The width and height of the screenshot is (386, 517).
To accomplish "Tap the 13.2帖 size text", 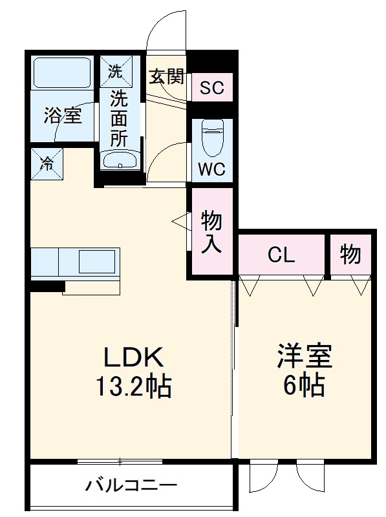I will coord(134,386).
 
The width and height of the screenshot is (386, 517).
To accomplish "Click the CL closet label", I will coord(281,255).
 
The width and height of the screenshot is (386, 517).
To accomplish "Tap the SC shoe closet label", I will coord(211,88).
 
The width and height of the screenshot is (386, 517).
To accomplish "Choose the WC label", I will coord(211,170).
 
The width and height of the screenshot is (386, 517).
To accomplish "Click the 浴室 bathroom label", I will coord(62,116).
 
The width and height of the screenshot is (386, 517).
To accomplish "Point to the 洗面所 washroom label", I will coord(118,118).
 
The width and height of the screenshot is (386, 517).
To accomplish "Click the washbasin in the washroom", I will coord(119,160).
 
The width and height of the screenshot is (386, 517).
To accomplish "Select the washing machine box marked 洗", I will coord(115,72).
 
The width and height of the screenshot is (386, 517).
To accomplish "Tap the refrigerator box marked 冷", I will coord(47,164).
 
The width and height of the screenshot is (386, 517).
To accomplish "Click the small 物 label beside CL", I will coord(350,255).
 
